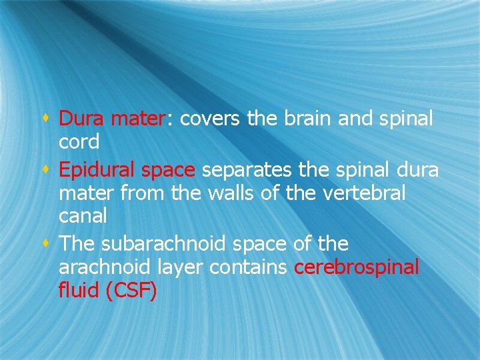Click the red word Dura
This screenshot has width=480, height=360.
click(82, 119)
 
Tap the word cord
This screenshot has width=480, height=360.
click(79, 142)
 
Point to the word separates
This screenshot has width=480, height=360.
click(247, 171)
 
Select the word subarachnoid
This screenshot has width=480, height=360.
click(165, 244)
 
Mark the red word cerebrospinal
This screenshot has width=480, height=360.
click(357, 267)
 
